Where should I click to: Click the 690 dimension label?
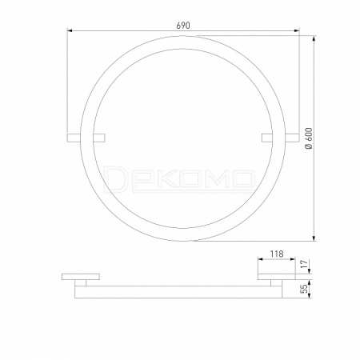coord(183,26)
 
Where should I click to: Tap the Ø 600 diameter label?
coord(309,138)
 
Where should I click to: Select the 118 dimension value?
coord(277,254)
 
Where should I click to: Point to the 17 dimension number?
coord(304,264)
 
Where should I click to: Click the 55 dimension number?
coord(304,289)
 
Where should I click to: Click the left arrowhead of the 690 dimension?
coord(70,31)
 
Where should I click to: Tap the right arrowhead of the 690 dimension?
coord(297,31)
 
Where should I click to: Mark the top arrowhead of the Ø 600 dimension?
coord(314,38)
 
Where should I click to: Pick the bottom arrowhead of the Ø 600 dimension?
coord(314,238)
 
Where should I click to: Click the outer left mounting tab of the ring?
coord(74,138)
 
